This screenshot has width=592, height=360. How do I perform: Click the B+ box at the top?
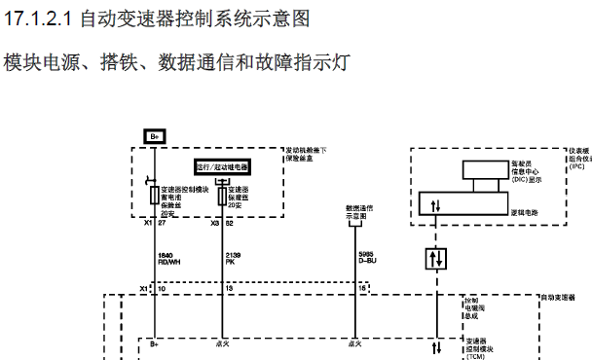154,136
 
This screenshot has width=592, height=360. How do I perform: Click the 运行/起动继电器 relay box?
222,166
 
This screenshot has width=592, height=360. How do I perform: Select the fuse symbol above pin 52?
222,195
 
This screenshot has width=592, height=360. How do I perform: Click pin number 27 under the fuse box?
163,223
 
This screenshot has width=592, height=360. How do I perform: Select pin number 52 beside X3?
230,223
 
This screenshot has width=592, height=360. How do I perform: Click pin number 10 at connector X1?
163,289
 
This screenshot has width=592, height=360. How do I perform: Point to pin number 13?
230,289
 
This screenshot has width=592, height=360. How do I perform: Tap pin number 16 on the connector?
364,289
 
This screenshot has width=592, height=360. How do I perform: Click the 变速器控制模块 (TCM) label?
480,347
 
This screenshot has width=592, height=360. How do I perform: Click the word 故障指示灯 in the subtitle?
311,63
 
